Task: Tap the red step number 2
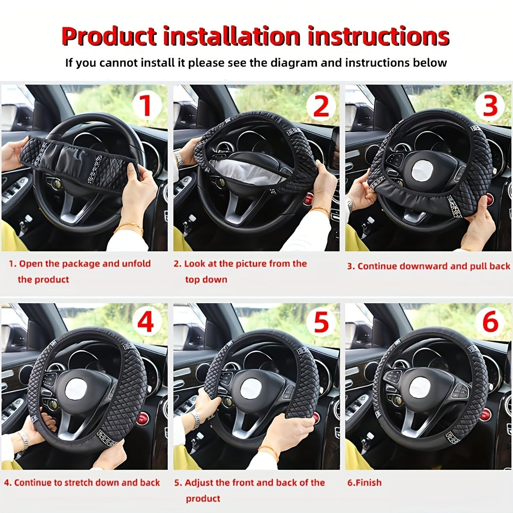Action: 321,106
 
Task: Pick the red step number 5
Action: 321,322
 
